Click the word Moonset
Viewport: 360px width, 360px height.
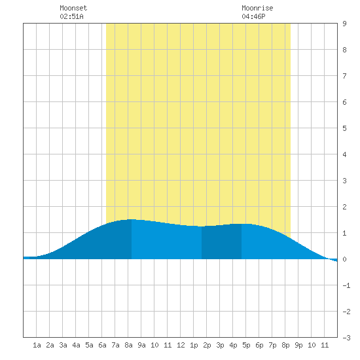coord(73,8)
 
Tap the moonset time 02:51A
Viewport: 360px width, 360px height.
coord(71,16)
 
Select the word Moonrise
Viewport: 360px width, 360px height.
coord(257,8)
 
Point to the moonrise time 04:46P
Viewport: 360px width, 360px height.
coord(253,16)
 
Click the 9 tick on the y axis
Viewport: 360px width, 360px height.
coord(344,24)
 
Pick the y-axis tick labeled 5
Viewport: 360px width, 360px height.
coord(344,128)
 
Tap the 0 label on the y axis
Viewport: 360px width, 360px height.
coord(344,259)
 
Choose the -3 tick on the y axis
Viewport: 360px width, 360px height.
coord(346,338)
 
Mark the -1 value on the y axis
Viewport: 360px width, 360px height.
coord(346,285)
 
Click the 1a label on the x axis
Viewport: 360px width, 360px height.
coord(37,345)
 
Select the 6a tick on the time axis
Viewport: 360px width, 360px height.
coord(102,345)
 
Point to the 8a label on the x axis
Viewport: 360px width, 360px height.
coord(128,345)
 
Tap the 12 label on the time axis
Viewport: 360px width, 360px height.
coord(181,345)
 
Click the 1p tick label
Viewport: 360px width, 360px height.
coord(194,345)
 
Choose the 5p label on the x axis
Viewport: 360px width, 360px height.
coord(246,345)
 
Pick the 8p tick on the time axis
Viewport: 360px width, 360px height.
coord(285,345)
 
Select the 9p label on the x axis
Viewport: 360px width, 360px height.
coord(298,345)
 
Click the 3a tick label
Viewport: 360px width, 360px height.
coord(63,345)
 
